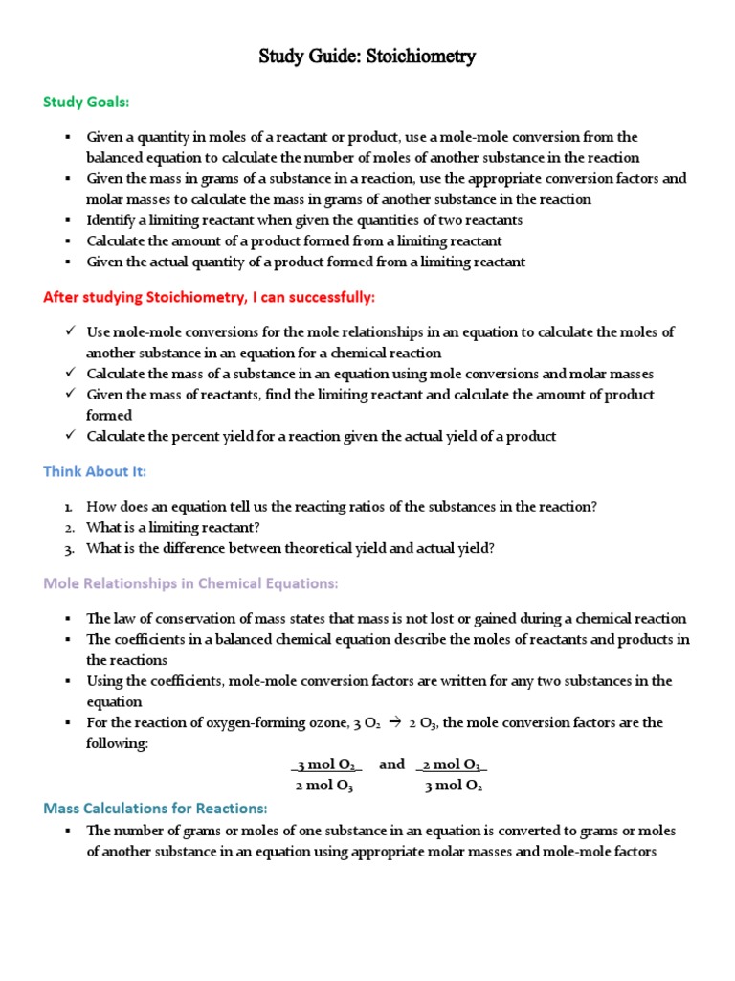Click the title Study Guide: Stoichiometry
coord(367,57)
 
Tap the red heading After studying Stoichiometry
coord(210,297)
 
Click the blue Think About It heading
coord(95,471)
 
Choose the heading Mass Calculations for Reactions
coord(155,808)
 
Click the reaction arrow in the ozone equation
coord(392,723)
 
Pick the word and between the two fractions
coord(392,764)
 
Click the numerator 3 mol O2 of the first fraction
coord(327,765)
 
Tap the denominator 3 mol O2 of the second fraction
coord(453,787)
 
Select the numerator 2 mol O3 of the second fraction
coord(453,765)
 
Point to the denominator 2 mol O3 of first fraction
coord(325,787)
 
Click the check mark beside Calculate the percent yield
coord(70,436)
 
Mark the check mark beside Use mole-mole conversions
coord(70,331)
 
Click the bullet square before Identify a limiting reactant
coord(69,220)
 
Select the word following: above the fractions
coord(118,743)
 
